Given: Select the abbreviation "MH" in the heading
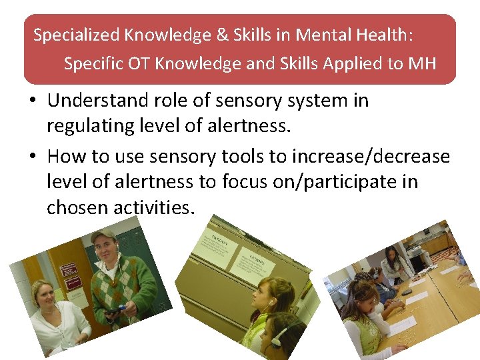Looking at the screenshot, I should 423,63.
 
